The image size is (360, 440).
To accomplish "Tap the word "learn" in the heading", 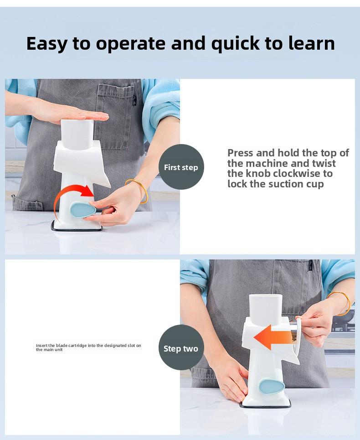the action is [x=312, y=43].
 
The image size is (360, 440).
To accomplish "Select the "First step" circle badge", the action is [x=181, y=167].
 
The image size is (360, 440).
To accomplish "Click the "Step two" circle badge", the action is [x=181, y=348].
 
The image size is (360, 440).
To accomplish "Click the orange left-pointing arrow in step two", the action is [x=273, y=337].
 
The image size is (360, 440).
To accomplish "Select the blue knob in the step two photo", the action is [x=272, y=386].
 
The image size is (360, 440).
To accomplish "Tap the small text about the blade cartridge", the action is [x=88, y=347].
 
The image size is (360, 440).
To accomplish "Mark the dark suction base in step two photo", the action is [x=265, y=405].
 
